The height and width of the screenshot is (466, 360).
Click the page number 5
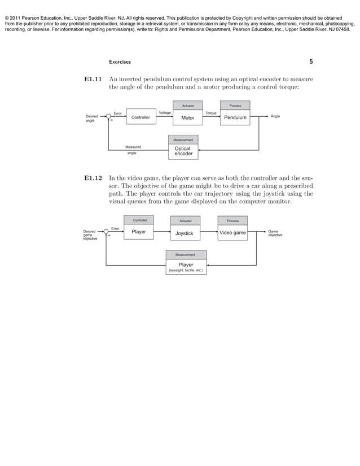click(311, 61)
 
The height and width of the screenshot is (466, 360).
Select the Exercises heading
click(120, 62)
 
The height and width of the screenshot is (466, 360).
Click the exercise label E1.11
click(93, 80)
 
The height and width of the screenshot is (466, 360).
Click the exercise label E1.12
click(93, 178)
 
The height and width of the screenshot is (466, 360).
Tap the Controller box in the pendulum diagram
click(141, 117)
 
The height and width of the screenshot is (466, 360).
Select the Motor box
click(188, 117)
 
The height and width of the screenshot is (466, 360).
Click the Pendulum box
click(235, 117)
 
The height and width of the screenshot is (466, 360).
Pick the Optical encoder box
click(183, 151)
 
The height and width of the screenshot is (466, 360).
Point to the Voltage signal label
click(165, 113)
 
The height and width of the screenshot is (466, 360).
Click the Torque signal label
click(211, 113)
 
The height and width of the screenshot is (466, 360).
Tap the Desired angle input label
click(91, 118)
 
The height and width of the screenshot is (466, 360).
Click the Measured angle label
click(133, 150)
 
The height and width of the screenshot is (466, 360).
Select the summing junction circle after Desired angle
click(108, 117)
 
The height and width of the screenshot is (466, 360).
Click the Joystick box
click(185, 232)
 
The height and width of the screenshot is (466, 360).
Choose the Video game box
click(232, 232)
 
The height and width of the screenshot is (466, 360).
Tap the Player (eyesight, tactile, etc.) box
click(186, 267)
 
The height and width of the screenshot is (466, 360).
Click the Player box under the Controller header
click(139, 231)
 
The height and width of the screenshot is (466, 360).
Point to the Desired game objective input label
click(90, 235)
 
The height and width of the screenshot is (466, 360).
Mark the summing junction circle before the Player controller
click(106, 232)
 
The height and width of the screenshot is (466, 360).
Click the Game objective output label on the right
click(275, 232)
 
